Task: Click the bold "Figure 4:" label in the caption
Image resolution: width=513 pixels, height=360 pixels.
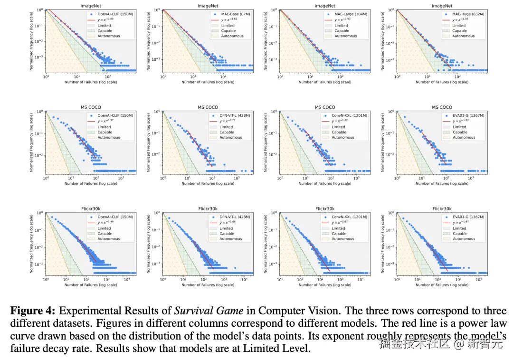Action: (x=33, y=312)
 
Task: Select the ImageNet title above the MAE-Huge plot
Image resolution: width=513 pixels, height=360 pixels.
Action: (x=442, y=6)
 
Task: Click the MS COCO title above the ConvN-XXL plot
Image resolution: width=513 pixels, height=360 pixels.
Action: (x=325, y=107)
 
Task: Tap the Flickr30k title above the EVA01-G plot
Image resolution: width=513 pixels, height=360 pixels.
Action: (x=442, y=208)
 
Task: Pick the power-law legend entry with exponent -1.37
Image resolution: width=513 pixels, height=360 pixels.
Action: (x=105, y=121)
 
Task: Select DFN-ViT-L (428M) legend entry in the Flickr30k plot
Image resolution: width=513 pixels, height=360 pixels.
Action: (x=233, y=217)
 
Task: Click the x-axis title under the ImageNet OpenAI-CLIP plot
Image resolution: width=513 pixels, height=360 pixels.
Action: (x=91, y=82)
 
